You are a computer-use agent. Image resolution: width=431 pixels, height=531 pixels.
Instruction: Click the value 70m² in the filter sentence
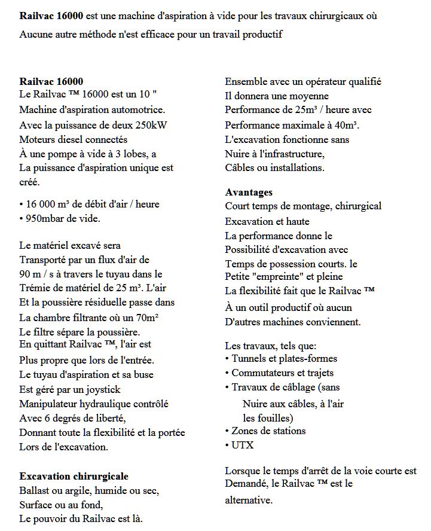tap(155, 317)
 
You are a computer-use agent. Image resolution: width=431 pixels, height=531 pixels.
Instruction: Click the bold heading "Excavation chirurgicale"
tap(74, 476)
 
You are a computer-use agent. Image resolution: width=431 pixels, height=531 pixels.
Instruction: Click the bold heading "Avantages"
tap(249, 192)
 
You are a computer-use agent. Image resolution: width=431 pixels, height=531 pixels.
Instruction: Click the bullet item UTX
tap(242, 445)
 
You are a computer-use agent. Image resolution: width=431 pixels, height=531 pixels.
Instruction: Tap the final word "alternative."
tap(249, 500)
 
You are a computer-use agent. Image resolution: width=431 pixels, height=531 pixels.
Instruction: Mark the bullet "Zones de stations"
tap(268, 431)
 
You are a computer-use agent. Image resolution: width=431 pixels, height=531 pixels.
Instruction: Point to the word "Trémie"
tap(35, 288)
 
